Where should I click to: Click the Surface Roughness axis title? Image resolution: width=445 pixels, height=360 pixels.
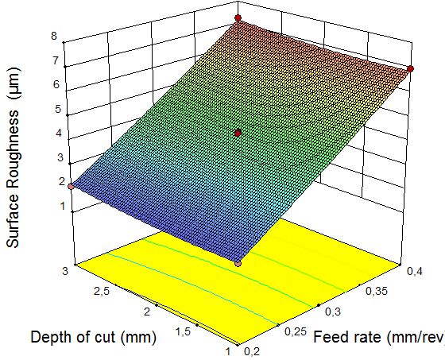(13, 157)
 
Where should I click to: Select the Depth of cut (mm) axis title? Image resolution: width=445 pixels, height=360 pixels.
(94, 337)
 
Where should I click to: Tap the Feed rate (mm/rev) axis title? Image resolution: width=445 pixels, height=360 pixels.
(379, 337)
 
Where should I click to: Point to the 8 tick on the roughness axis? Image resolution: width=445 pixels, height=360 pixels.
(54, 36)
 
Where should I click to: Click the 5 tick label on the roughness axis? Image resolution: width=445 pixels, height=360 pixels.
(58, 109)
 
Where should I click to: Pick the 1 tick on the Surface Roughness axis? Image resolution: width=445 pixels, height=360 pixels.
(63, 206)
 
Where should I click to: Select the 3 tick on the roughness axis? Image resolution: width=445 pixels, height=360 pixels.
(60, 157)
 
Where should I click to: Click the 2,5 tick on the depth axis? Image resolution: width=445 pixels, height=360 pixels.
(102, 292)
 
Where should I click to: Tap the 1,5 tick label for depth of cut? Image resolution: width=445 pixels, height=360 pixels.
(183, 331)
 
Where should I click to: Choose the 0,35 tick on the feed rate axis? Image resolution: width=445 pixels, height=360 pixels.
(377, 291)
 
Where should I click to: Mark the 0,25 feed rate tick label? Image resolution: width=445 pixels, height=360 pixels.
(295, 331)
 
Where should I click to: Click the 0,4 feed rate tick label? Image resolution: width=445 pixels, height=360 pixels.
(415, 272)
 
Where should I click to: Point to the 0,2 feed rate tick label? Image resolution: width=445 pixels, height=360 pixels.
(251, 352)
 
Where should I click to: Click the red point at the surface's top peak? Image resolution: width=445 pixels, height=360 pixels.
(238, 18)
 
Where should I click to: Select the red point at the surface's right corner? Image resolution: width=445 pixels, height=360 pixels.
(410, 68)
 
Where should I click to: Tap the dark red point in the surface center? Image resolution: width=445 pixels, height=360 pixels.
(238, 134)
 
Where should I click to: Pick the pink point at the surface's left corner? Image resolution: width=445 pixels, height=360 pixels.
(71, 187)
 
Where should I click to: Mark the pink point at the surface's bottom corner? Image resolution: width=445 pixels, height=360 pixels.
(238, 264)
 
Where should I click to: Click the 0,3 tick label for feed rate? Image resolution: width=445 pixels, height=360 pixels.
(333, 312)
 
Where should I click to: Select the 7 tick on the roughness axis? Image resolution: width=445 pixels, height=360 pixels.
(55, 60)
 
